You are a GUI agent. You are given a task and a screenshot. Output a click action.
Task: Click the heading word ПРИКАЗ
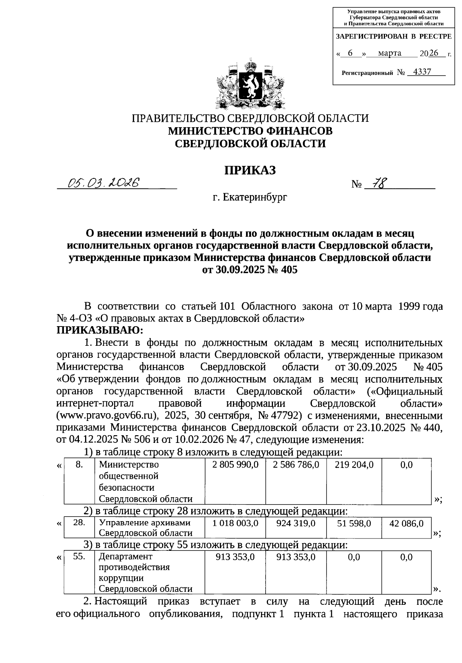[250, 170]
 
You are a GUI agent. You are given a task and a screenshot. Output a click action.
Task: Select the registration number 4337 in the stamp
[422, 72]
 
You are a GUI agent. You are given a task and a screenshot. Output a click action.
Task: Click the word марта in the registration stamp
[390, 53]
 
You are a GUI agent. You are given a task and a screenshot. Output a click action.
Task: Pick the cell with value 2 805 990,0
[235, 465]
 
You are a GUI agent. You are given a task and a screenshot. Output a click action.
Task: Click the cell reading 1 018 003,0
[235, 523]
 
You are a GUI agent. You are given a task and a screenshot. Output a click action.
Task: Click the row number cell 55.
[79, 556]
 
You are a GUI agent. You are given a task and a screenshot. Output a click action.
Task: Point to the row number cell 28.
[79, 523]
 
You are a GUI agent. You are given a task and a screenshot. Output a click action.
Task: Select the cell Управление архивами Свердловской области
[146, 528]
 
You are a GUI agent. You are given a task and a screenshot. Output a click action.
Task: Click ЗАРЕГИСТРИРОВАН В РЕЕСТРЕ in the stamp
[394, 37]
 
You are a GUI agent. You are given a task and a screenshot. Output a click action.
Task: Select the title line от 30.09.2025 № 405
[250, 270]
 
